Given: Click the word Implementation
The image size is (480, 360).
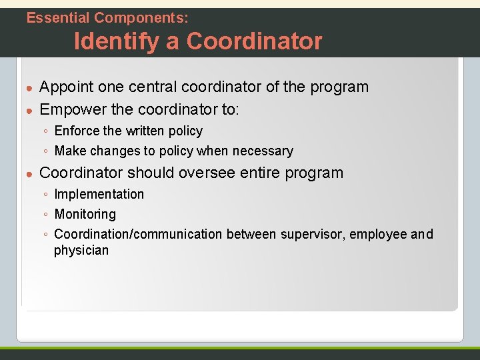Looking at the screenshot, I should point(99,195).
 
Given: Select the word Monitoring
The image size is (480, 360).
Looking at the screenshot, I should point(85,215).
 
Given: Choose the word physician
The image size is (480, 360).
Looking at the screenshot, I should point(81,251).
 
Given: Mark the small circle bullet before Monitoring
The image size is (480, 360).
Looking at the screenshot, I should point(44,215).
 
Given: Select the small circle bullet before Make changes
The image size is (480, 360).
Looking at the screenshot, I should point(44,152).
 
